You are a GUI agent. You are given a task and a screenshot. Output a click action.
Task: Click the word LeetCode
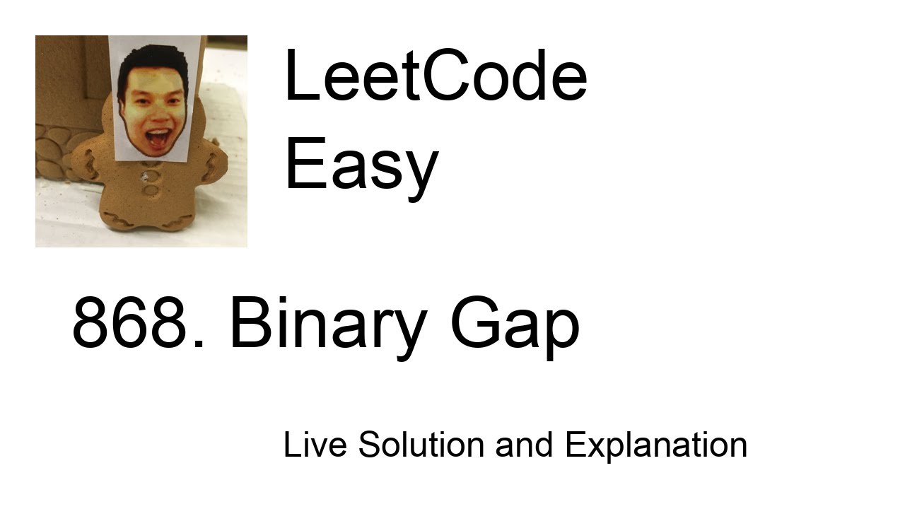click(x=435, y=76)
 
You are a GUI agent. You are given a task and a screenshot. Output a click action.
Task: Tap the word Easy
click(x=361, y=164)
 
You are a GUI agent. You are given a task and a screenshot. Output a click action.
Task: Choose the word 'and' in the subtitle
click(x=524, y=445)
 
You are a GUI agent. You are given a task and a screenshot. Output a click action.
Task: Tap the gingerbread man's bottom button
click(x=151, y=191)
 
